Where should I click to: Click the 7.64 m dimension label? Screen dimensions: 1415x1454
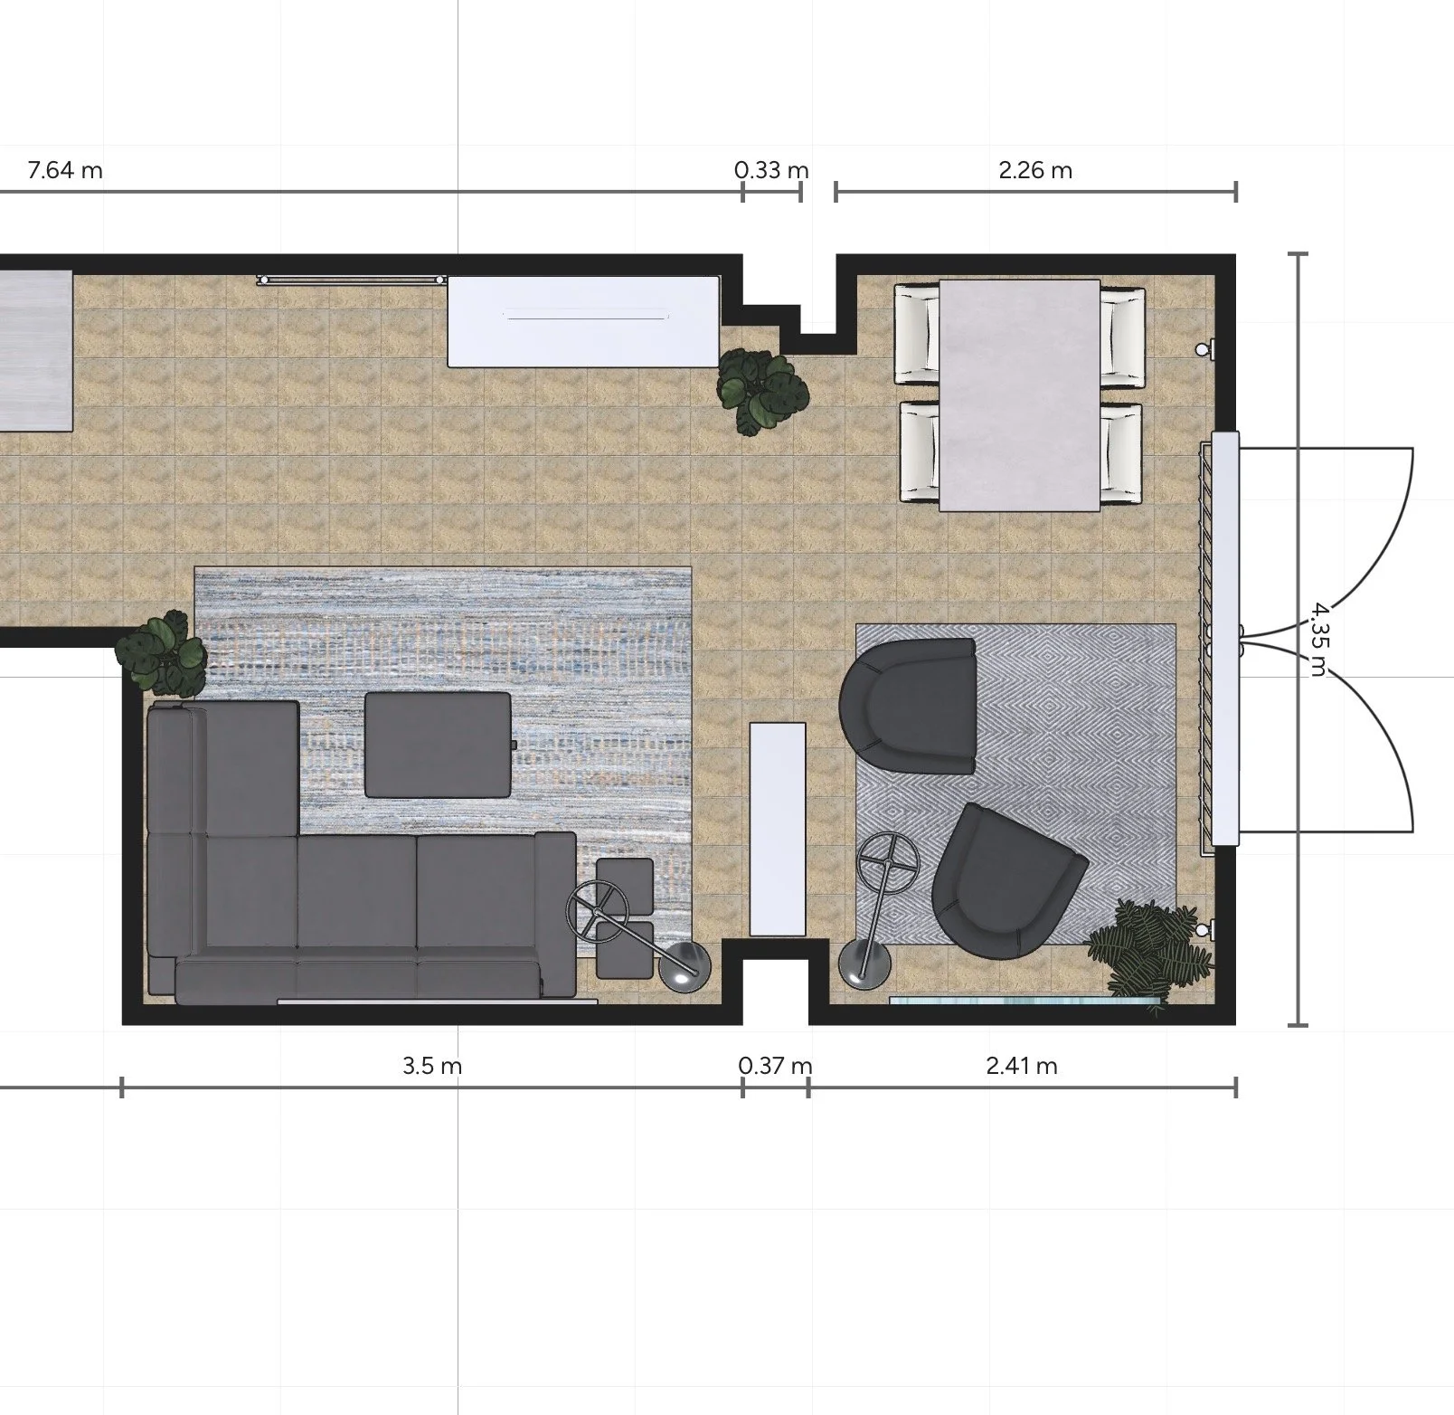65,170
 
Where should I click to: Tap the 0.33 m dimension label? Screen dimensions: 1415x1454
770,170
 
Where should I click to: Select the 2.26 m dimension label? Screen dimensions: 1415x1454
1035,170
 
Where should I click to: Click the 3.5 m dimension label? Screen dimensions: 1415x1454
432,1066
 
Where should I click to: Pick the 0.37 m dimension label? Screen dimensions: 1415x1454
775,1066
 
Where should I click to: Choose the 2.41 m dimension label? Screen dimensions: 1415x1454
1022,1066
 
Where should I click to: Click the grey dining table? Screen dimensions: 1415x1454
1020,394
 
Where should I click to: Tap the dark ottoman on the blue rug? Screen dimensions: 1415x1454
439,745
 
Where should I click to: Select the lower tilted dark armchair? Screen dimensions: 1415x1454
1004,882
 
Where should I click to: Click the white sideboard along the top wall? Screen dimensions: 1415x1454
583,321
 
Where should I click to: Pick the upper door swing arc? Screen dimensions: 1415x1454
1365,534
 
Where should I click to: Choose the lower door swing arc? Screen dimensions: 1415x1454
1365,751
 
